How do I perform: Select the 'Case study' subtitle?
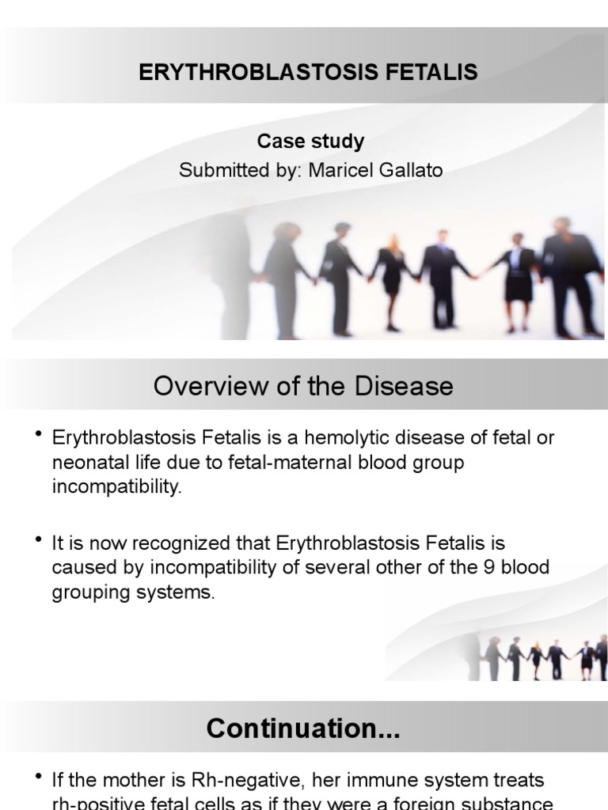(310, 142)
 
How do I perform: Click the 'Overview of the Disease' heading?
(303, 386)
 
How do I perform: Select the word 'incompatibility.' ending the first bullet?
(117, 486)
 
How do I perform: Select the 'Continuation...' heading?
(303, 729)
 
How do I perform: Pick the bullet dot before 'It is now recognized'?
(38, 539)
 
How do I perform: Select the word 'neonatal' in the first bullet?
(87, 463)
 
